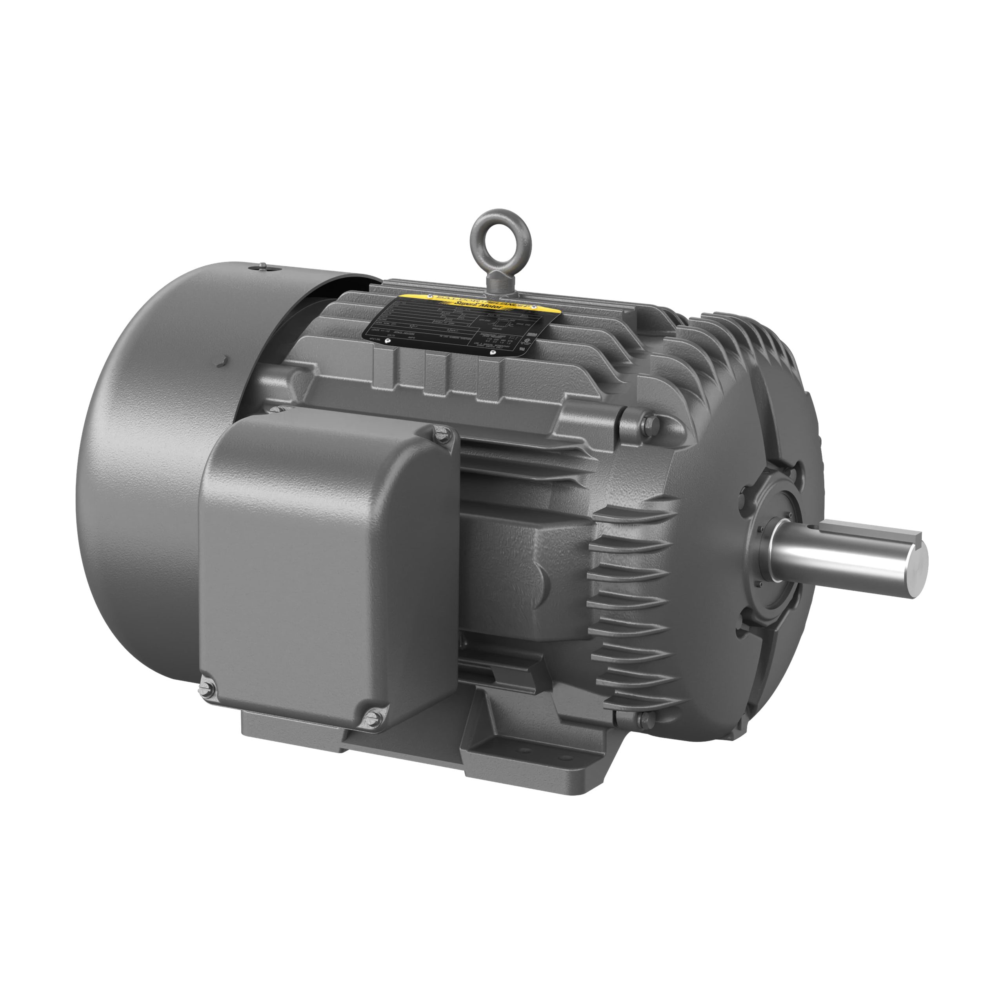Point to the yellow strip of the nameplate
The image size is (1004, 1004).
pos(478,304)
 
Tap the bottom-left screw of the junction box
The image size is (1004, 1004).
pos(207,689)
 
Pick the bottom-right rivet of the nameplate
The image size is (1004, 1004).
pos(493,352)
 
